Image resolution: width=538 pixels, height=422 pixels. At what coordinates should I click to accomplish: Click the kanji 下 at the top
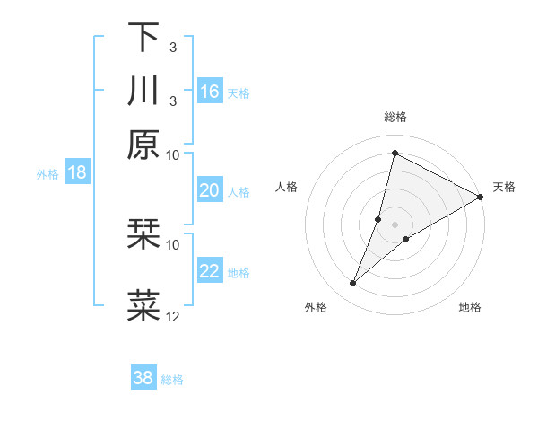coord(143,37)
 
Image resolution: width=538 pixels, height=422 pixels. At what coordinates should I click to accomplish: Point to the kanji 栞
coord(143,235)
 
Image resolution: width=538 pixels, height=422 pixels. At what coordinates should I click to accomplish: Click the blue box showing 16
coord(210,92)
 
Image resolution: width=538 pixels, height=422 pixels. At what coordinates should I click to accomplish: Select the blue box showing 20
coord(210,190)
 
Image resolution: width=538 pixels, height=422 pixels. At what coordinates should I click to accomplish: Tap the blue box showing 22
coord(210,271)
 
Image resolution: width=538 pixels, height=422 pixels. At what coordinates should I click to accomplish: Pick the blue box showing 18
coord(77,172)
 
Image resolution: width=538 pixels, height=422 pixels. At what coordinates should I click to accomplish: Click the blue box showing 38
coord(143,378)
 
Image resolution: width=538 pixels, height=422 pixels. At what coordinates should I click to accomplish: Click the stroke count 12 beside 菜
coord(173,316)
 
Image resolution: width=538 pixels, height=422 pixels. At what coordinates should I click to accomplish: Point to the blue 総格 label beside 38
coord(172,380)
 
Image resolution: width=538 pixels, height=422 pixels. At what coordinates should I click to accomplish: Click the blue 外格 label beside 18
coord(48,174)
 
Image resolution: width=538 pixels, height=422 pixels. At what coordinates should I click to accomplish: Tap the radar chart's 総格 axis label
coord(395,117)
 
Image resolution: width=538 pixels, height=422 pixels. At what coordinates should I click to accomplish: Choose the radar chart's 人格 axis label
coord(287,187)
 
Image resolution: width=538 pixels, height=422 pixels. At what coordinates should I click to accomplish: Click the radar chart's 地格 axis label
coord(470,308)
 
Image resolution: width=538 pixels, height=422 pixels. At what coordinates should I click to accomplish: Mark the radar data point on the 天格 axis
coord(481,197)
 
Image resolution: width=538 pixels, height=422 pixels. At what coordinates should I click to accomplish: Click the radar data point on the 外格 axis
coord(352,284)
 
